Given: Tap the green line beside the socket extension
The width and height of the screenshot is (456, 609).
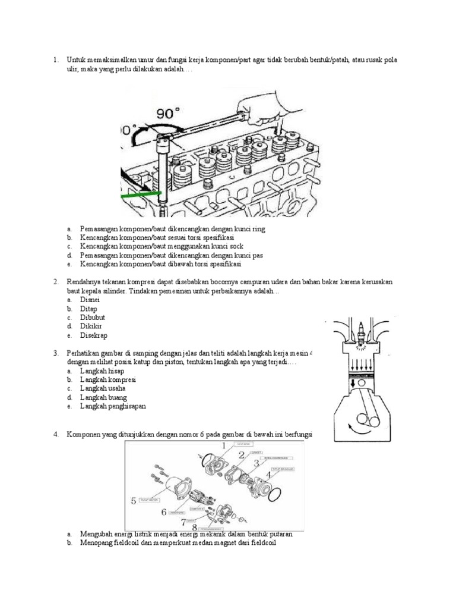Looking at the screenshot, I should (141, 194).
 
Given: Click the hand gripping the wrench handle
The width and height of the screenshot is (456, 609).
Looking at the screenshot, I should (267, 106).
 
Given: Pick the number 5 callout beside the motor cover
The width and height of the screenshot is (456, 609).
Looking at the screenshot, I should (134, 500).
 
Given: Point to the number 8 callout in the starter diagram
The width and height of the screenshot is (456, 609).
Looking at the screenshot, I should (194, 526).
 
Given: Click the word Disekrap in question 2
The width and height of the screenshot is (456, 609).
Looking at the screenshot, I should (92, 335).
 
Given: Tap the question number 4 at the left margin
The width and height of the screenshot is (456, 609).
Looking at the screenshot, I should (55, 435).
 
